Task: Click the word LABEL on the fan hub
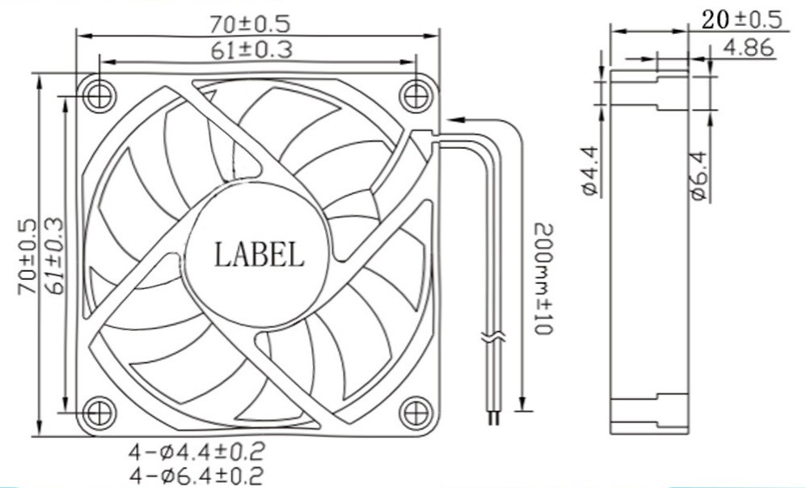pyautogui.click(x=259, y=255)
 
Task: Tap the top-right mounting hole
pyautogui.click(x=416, y=95)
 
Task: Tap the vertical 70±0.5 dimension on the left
pyautogui.click(x=26, y=257)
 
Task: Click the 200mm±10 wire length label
pyautogui.click(x=539, y=279)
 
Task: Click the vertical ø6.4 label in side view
pyautogui.click(x=699, y=176)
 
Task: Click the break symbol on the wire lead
pyautogui.click(x=492, y=339)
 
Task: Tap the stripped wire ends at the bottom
pyautogui.click(x=492, y=418)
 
